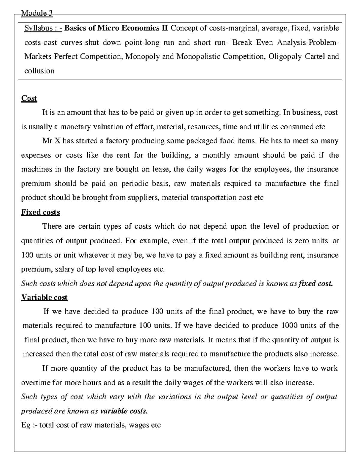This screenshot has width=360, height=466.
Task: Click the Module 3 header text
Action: (x=37, y=13)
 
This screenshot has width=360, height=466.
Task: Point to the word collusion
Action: (x=39, y=71)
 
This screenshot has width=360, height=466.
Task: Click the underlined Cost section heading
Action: (x=29, y=98)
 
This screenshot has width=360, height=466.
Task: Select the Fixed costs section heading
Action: (x=40, y=212)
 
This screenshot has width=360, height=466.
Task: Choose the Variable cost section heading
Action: (x=44, y=298)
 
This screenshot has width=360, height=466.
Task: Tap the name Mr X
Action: (x=48, y=141)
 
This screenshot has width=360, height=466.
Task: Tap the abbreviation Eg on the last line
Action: (x=25, y=425)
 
